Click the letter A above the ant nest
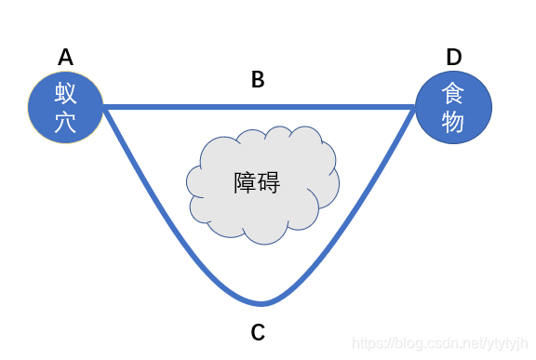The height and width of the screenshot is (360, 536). pos(65,58)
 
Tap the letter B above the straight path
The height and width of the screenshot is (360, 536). pos(258,80)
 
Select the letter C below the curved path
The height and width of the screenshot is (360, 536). pos(259,331)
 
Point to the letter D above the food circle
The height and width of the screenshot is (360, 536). pos(453,58)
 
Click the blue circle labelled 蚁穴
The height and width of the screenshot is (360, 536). pos(65,108)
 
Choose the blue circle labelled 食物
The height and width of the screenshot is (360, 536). pos(453,108)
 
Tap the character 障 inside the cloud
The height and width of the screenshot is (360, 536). pos(245,182)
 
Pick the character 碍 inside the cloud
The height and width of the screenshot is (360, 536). pos(269,182)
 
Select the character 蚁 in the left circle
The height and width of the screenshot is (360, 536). pos(65,94)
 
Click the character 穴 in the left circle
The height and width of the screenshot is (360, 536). pos(65,123)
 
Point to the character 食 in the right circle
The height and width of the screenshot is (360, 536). pos(453,94)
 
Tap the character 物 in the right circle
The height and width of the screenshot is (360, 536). pos(453,123)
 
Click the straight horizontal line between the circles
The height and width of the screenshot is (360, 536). pos(258,108)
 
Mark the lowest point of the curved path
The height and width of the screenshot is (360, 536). pos(263,303)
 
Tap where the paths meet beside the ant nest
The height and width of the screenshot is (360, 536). pos(106,109)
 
